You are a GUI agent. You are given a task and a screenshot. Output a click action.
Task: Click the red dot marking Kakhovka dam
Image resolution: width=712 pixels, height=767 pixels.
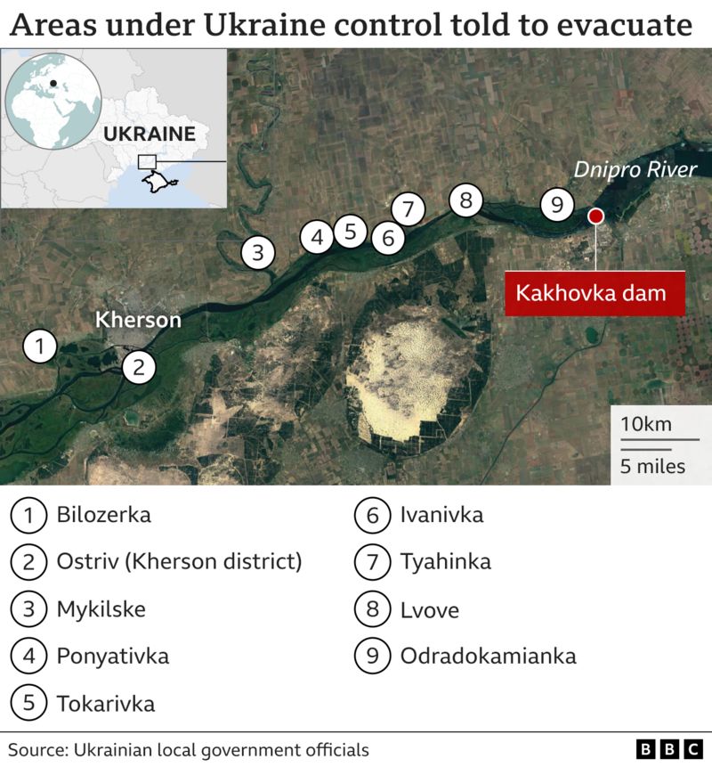(x=595, y=216)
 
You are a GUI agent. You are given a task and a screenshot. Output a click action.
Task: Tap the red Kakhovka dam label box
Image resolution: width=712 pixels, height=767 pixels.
(x=594, y=293)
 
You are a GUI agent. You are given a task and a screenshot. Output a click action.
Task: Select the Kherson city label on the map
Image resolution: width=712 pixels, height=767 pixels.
(x=138, y=320)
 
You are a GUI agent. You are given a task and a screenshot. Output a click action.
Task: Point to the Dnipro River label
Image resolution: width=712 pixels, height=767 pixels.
(x=634, y=169)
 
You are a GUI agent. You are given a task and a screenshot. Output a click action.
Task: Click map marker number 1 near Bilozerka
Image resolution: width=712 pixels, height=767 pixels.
(x=40, y=345)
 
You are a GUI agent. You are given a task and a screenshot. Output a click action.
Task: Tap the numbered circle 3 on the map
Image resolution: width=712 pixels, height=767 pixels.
(x=257, y=252)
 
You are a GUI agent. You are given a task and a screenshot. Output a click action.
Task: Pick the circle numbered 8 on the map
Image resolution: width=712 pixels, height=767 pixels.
(x=465, y=200)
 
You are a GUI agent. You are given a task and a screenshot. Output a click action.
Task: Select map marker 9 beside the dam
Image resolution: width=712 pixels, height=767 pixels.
(x=557, y=205)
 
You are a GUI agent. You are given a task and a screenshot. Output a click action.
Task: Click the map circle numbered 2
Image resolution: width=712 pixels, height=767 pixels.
(x=138, y=365)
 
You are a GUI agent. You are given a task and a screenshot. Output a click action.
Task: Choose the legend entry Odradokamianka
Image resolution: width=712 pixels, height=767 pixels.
(x=488, y=657)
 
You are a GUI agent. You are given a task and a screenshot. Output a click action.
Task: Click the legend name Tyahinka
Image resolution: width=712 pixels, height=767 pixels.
(x=445, y=562)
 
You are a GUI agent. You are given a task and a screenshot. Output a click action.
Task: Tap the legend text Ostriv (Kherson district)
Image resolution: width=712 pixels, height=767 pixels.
(x=179, y=562)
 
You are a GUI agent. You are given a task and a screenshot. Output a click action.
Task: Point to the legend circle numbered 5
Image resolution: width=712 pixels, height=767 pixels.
(x=29, y=704)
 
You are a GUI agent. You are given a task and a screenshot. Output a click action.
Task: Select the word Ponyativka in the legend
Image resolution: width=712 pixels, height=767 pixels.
(x=112, y=657)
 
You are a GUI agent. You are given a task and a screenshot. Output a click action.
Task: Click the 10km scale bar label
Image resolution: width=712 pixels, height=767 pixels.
(x=647, y=423)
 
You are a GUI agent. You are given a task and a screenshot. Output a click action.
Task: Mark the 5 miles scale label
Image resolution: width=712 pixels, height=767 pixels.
(x=652, y=466)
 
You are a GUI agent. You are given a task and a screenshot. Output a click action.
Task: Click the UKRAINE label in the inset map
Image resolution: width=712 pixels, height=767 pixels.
(x=149, y=135)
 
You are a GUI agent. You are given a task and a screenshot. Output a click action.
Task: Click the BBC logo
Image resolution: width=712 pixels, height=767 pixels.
(x=668, y=749)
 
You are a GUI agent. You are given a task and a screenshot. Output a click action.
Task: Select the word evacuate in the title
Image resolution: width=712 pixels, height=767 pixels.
(x=622, y=24)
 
